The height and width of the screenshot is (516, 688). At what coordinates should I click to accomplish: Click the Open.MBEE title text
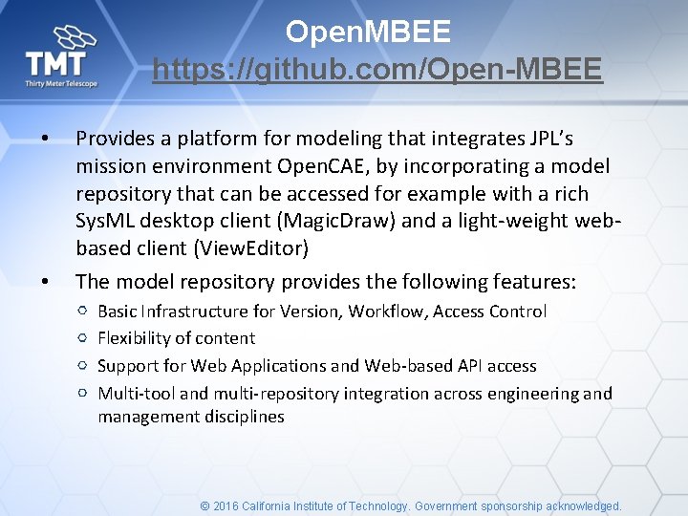click(368, 32)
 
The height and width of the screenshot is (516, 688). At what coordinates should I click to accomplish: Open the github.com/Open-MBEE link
click(377, 70)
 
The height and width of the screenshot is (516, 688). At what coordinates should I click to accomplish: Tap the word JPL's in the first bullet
click(548, 139)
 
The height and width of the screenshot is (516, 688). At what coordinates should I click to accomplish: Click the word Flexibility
click(133, 338)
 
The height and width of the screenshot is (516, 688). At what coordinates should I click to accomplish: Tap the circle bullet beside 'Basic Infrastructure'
click(83, 312)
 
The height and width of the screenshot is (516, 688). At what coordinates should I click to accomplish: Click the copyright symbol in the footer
click(204, 506)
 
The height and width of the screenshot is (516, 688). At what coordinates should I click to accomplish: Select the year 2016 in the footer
click(226, 506)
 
